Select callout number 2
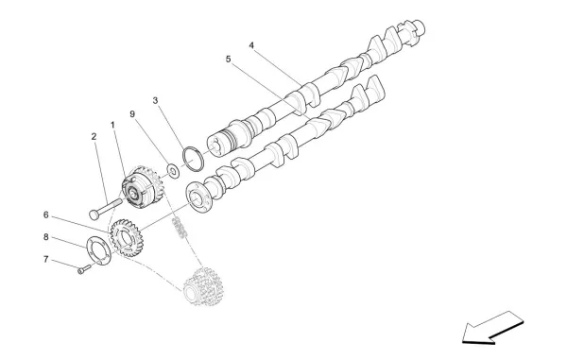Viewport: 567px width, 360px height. (94, 137)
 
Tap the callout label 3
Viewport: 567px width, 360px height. (155, 99)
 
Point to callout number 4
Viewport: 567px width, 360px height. (251, 44)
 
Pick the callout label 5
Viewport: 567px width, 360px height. (228, 59)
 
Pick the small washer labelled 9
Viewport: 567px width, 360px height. (173, 170)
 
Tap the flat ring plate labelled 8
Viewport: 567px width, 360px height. (98, 252)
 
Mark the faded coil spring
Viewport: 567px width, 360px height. (178, 228)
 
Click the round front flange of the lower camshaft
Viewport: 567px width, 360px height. (198, 199)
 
